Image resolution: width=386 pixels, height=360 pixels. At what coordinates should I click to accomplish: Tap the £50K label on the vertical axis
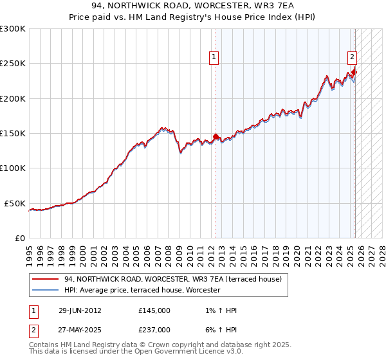[15, 203]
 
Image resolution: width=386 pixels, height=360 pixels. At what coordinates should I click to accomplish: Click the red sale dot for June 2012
[216, 137]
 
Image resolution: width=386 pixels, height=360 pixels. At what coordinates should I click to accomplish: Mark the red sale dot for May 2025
[355, 72]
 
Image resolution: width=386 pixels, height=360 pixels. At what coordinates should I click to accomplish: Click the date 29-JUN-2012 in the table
[80, 310]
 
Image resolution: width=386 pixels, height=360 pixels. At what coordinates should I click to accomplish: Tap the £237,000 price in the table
[154, 330]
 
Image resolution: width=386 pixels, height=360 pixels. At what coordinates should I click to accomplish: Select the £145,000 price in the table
[154, 310]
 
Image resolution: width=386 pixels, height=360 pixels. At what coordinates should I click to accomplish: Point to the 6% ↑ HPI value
[219, 330]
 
